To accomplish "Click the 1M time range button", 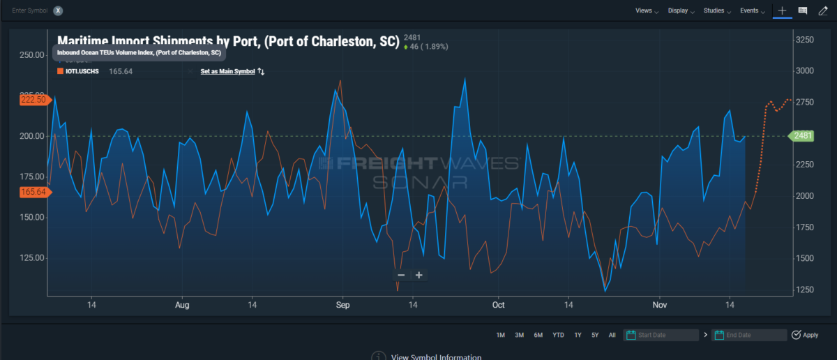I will tap(500, 336).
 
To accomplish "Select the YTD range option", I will tap(558, 336).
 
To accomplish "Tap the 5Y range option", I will tap(595, 336).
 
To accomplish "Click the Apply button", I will tap(806, 336).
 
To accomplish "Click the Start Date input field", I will tap(666, 336).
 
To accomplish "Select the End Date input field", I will tap(753, 336).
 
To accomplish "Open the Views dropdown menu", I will tap(647, 11).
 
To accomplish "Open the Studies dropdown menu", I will tap(717, 11).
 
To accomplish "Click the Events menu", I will tap(752, 11).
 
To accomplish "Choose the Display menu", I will tap(681, 11).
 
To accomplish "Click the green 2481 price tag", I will tap(802, 135).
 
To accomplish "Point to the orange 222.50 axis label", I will tap(33, 100).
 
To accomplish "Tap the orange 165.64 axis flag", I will tap(33, 192).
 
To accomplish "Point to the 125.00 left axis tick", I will tap(32, 258).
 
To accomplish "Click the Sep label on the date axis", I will tap(342, 305).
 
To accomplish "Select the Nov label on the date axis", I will tap(659, 305).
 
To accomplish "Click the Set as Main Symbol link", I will tap(228, 71).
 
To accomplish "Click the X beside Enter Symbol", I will tap(58, 11).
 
